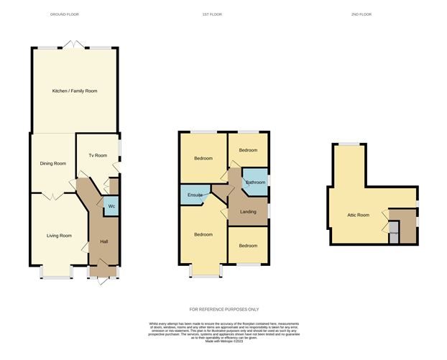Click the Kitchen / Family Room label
click(74, 91)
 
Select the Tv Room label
click(97, 155)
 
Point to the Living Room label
click(59, 236)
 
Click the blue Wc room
click(111, 207)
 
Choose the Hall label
click(103, 241)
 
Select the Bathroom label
click(256, 183)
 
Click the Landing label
click(248, 211)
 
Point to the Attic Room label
click(358, 215)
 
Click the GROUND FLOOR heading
click(65, 14)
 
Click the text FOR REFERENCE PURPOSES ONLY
click(223, 309)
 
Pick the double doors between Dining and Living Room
click(52, 195)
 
